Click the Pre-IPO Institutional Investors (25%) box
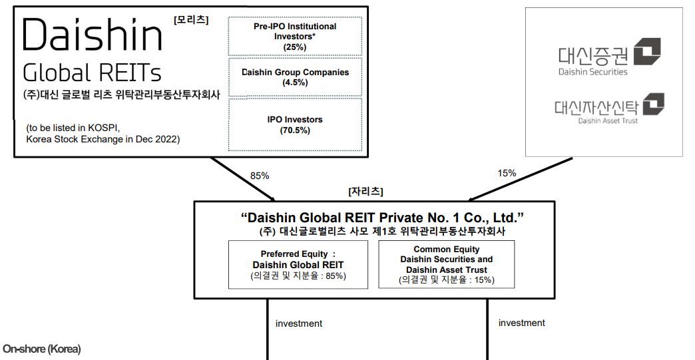[295, 37]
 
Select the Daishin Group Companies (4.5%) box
[295, 77]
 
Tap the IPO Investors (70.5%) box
[295, 125]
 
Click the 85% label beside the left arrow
[260, 176]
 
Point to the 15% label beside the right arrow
[507, 173]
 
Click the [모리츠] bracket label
[191, 20]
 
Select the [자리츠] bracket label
[365, 191]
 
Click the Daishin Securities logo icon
[647, 52]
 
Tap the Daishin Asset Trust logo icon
[653, 104]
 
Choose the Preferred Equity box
[298, 265]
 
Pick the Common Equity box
[446, 264]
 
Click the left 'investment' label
[299, 323]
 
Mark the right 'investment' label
[522, 323]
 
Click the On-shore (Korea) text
[42, 349]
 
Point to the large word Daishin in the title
[92, 35]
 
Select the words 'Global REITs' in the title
[92, 73]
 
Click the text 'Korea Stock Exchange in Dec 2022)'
[103, 140]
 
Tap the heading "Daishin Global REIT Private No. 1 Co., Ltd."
[382, 218]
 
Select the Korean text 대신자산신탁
[596, 107]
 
